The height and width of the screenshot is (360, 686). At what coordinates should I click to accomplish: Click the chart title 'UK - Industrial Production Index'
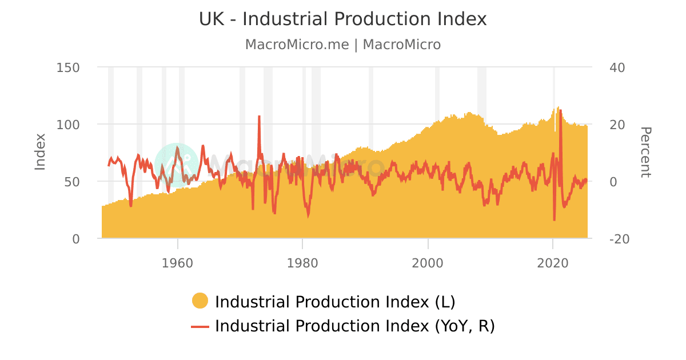click(342, 19)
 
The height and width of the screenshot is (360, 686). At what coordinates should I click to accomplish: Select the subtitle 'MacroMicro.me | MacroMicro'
click(342, 45)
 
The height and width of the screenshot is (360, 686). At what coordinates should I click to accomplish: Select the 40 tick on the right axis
click(617, 67)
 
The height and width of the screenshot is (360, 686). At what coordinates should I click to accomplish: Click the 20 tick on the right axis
click(617, 125)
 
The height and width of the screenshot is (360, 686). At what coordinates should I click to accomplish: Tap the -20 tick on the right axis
click(619, 239)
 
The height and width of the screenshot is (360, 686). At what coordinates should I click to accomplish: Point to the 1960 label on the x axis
click(178, 263)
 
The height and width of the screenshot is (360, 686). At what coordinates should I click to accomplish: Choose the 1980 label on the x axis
click(303, 263)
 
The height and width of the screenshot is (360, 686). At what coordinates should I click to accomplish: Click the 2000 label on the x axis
click(428, 263)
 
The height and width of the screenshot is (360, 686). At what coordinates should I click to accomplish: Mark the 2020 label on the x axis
click(553, 263)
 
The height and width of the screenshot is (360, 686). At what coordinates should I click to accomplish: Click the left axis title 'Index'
click(40, 151)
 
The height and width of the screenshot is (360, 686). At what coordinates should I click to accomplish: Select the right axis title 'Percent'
click(645, 152)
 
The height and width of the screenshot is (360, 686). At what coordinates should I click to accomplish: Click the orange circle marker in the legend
click(200, 301)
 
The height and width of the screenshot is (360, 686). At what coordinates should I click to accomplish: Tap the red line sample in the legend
click(200, 326)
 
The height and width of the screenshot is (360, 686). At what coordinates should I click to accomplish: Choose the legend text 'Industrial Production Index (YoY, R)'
click(354, 326)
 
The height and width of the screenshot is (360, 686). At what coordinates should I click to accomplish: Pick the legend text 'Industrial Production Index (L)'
click(335, 301)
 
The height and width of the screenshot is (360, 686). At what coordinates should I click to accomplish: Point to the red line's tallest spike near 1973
click(259, 117)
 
